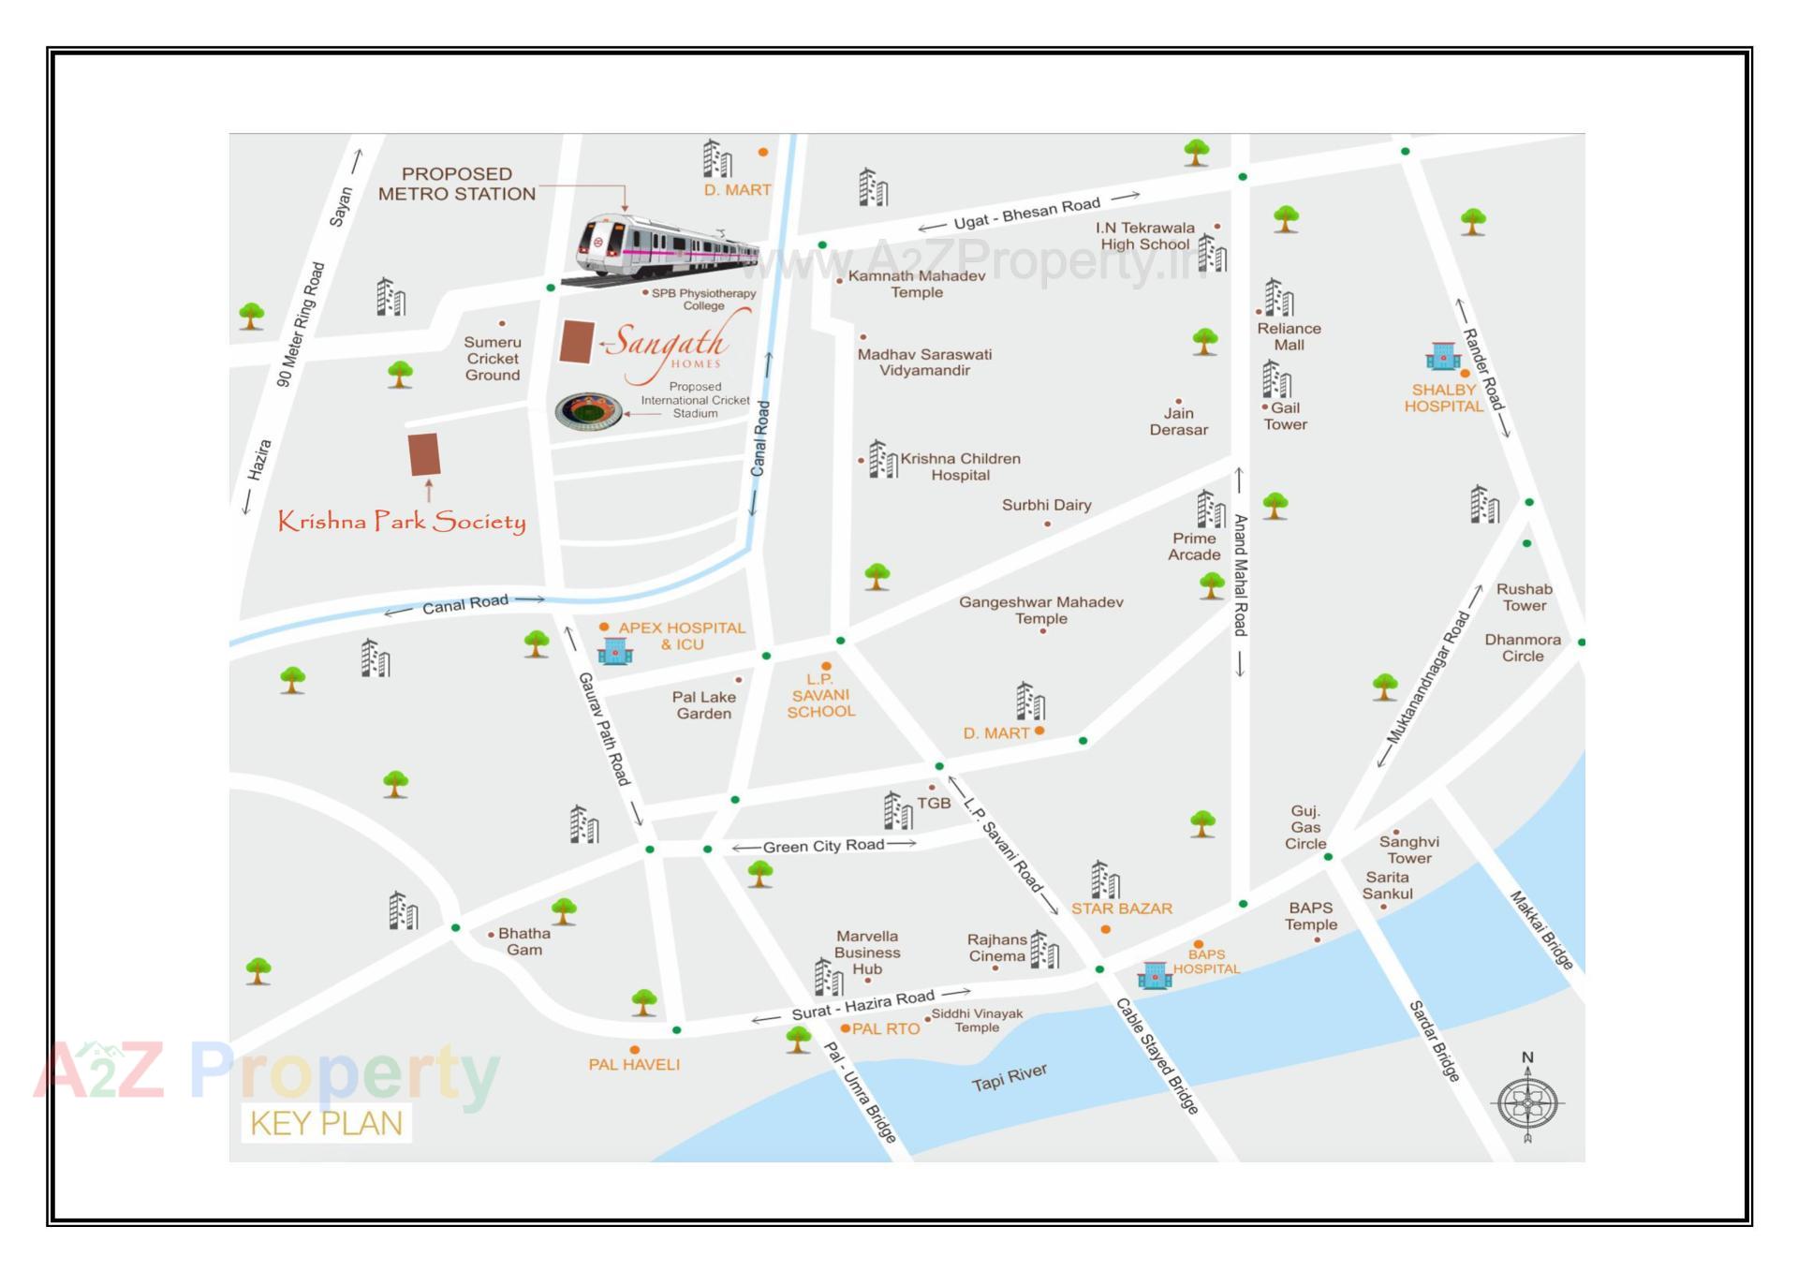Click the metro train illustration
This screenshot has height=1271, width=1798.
click(665, 247)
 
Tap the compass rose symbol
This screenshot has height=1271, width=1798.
click(1526, 1101)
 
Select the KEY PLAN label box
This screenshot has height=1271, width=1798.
click(326, 1123)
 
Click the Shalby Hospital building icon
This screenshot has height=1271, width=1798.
click(1442, 357)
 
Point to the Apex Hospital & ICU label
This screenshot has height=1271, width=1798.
click(682, 636)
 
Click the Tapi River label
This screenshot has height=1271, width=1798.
click(1009, 1078)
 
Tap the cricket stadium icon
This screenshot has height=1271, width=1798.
click(588, 411)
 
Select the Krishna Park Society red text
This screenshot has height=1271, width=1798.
click(402, 522)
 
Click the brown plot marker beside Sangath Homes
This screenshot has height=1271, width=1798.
click(577, 342)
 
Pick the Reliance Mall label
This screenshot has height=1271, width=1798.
click(1289, 336)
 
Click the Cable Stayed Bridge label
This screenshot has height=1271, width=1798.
click(1157, 1057)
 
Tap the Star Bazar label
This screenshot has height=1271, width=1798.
click(1121, 909)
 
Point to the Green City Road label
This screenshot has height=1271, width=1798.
click(823, 846)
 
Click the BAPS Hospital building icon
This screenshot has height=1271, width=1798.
click(1154, 975)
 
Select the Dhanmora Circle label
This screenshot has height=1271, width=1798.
click(1522, 648)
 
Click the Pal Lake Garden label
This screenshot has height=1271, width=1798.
click(704, 705)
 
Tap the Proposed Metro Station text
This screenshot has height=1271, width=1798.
click(457, 185)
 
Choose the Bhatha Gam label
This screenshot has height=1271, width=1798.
click(524, 941)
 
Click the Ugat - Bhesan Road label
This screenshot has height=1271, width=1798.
click(1026, 214)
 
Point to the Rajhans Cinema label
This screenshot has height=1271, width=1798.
click(996, 948)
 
